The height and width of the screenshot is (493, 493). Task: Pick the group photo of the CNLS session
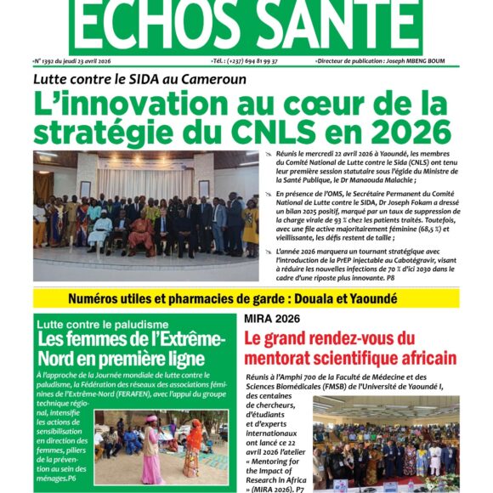[145, 216]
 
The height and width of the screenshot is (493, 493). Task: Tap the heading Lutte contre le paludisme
[99, 324]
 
